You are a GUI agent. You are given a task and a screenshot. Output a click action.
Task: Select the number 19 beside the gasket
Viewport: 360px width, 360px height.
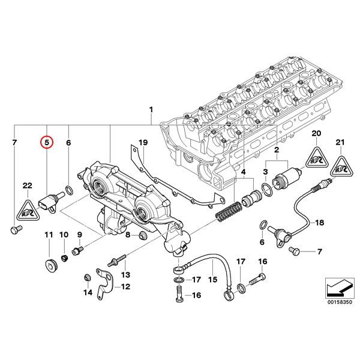(143, 143)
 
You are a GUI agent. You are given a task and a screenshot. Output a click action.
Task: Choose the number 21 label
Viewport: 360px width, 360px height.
(341, 142)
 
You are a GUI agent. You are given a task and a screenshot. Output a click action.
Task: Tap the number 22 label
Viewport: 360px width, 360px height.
(27, 185)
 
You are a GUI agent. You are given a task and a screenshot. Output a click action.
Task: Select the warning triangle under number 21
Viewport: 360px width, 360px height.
(341, 166)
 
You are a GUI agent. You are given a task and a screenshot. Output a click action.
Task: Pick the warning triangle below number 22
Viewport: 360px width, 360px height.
(28, 207)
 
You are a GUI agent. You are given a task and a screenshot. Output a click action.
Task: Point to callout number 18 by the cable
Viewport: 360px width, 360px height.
(319, 223)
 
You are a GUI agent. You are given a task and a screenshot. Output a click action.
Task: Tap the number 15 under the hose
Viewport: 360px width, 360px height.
(212, 280)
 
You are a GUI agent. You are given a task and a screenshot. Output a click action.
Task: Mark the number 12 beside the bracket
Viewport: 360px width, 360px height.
(125, 287)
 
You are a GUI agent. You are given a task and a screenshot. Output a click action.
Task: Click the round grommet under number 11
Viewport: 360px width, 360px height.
(49, 266)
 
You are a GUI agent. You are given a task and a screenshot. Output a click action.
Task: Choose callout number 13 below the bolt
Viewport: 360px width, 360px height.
(125, 274)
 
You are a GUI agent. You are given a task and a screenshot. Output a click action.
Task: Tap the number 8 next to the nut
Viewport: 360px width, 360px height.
(127, 235)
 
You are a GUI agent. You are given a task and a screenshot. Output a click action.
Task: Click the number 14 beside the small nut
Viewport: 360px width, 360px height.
(88, 292)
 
